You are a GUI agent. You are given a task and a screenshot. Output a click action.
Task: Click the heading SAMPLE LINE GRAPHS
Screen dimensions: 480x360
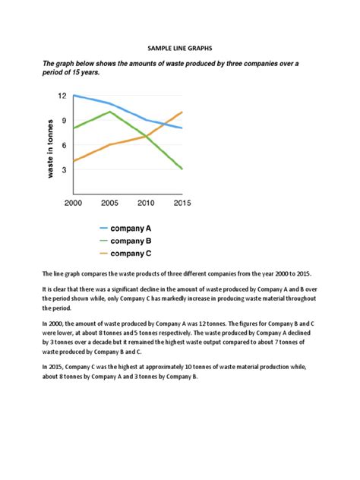(180, 48)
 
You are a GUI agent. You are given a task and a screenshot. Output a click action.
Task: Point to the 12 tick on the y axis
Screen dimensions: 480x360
(62, 96)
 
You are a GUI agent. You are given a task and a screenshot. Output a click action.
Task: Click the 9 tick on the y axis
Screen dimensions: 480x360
(65, 121)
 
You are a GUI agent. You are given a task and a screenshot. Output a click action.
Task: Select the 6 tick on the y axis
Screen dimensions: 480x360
(65, 145)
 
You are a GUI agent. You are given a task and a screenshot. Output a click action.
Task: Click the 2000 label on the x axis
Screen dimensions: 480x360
(74, 203)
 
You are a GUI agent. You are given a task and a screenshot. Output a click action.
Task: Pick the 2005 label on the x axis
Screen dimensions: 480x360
(109, 203)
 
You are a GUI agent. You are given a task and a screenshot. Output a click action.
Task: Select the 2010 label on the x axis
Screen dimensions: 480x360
(145, 203)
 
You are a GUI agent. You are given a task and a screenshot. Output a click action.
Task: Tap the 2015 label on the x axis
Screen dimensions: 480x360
(181, 203)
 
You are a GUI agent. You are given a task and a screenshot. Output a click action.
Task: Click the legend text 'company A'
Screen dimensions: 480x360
(131, 227)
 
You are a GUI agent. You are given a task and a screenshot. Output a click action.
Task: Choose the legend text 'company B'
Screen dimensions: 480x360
(131, 241)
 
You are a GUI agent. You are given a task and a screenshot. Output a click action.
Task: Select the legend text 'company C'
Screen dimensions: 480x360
(131, 254)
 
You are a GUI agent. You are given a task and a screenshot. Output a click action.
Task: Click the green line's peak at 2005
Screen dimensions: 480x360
(110, 112)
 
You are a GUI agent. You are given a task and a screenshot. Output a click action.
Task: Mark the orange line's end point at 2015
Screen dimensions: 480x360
(182, 112)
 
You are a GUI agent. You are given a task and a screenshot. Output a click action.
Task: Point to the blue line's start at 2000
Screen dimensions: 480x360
(74, 96)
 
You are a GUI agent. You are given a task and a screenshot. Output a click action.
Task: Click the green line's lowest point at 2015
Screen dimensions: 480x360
(182, 169)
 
